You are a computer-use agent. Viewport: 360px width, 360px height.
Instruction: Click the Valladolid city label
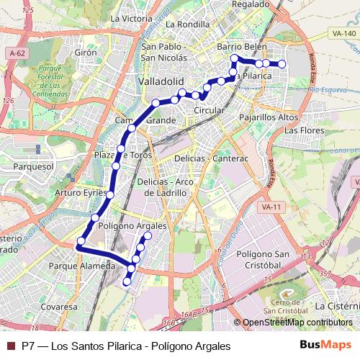point(162,81)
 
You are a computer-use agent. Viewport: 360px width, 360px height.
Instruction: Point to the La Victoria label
point(132,18)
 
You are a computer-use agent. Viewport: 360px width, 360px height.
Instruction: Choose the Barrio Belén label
point(242,47)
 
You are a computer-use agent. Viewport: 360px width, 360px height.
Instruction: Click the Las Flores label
point(302,130)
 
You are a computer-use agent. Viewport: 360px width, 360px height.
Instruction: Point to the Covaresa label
point(58,306)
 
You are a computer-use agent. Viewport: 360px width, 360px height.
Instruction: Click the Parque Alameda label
point(81,266)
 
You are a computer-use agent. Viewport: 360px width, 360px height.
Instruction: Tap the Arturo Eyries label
point(81,193)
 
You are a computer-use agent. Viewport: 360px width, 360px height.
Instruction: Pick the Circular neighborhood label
point(210,111)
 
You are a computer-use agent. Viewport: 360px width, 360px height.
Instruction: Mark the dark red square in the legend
point(10,346)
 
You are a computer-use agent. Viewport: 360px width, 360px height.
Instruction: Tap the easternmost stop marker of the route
point(282,64)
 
